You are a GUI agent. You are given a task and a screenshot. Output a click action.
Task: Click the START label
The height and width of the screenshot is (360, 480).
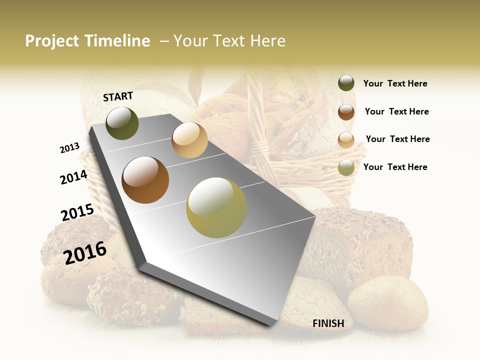click(118, 96)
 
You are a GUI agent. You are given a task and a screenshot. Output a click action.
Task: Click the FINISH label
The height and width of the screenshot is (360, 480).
click(328, 323)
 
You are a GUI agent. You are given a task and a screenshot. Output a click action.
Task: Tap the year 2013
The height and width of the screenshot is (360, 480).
click(69, 148)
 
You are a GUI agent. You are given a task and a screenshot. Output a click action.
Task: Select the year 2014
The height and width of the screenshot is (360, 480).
click(73, 177)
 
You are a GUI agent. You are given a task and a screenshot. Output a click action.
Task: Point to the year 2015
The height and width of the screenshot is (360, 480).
click(77, 212)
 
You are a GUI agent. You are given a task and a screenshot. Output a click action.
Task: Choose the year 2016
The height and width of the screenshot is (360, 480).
click(85, 252)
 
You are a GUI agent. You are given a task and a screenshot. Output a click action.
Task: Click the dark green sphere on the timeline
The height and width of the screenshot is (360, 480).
click(122, 123)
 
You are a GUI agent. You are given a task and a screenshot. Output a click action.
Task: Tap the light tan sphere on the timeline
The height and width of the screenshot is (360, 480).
click(189, 140)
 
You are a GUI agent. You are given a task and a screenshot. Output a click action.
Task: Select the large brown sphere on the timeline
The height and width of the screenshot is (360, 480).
click(145, 180)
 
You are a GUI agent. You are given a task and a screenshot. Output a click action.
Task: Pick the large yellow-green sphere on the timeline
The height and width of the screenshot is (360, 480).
click(216, 207)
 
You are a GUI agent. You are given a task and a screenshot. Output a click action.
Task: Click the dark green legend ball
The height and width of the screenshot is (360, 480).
click(346, 83)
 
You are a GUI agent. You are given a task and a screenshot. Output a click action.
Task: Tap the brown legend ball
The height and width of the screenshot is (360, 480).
click(346, 111)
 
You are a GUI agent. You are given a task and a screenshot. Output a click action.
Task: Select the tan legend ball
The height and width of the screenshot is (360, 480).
click(346, 139)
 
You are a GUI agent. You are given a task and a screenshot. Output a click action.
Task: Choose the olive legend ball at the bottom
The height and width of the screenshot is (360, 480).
click(346, 167)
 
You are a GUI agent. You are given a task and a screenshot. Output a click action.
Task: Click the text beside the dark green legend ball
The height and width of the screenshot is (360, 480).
click(395, 83)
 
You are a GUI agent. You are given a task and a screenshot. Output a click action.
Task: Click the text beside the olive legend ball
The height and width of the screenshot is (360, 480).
click(395, 167)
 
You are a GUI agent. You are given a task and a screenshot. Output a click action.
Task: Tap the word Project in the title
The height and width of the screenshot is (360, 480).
click(51, 41)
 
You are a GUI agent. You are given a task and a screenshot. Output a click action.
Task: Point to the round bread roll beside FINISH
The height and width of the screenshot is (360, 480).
click(387, 302)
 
